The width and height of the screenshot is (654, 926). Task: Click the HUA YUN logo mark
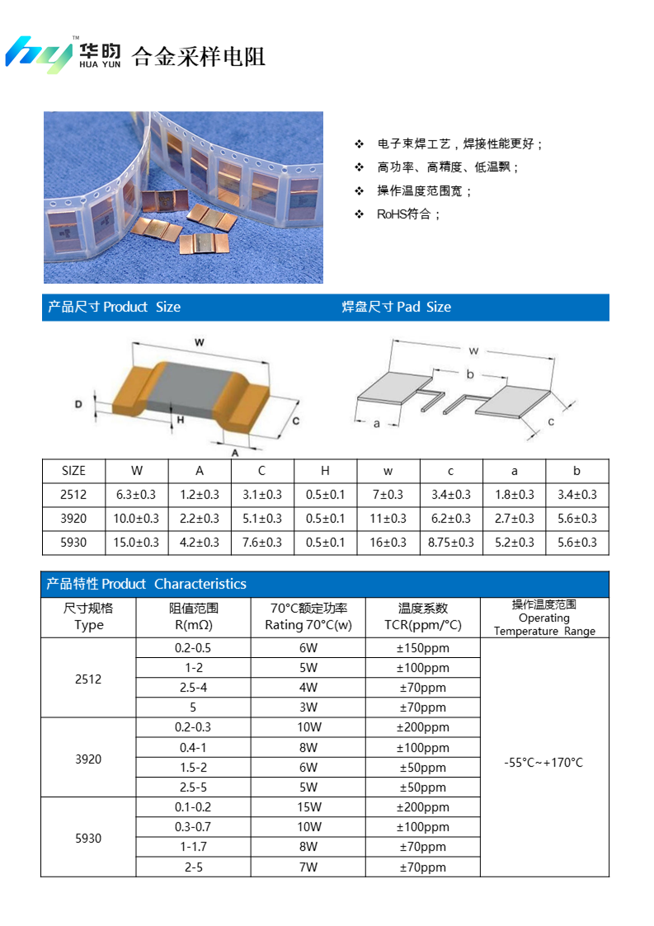coord(40,54)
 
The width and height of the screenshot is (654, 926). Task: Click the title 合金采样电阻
coord(199,57)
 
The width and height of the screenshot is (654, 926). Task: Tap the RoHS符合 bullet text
coord(409,214)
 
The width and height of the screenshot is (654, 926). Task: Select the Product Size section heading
coord(114,307)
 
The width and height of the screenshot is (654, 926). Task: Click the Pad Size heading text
coord(397,307)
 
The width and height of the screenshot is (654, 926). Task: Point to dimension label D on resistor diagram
coord(78,405)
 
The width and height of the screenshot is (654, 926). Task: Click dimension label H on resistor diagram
coord(181,419)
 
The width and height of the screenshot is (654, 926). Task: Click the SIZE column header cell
coord(73,471)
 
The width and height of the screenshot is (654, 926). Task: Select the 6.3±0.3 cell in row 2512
coord(137,495)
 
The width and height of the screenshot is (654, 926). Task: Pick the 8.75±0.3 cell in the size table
coord(451,543)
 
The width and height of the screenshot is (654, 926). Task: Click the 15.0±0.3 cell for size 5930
coord(137,543)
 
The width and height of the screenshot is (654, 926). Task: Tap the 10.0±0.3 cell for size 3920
coord(137,519)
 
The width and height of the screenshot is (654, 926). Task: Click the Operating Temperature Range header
coord(544,618)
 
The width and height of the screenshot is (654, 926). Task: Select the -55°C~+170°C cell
coord(543,763)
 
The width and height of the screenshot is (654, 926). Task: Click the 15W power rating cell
coord(308,807)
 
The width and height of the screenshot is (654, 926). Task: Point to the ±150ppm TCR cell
coord(422,648)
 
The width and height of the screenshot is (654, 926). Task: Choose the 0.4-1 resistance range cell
coord(193,748)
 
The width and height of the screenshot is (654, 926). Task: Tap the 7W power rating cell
coord(308,867)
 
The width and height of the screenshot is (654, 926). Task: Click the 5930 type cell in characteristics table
coord(88,838)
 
